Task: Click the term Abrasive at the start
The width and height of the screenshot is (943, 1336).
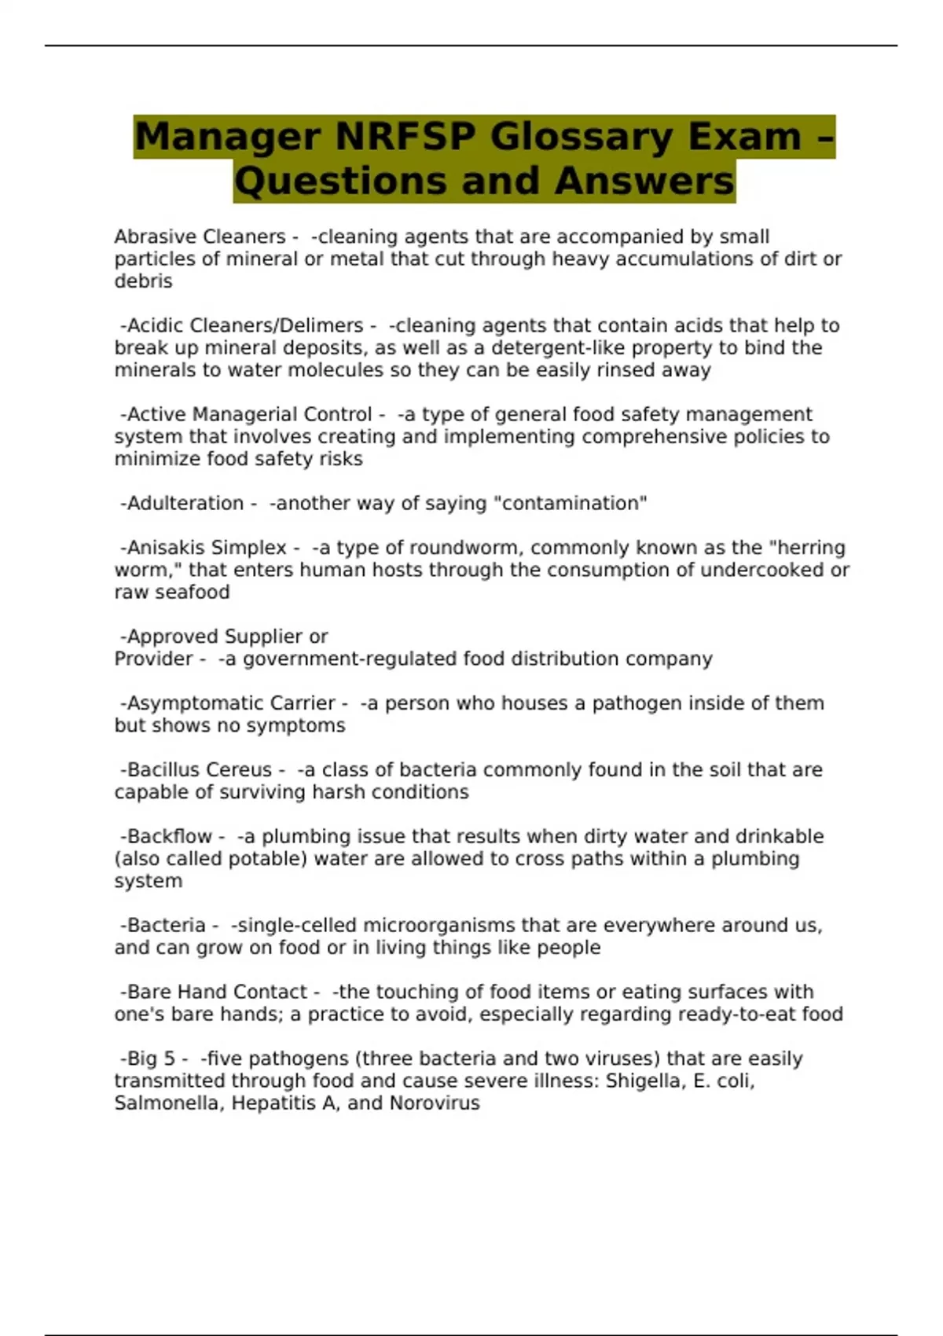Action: tap(154, 237)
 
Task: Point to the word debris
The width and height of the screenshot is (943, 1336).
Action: tap(143, 281)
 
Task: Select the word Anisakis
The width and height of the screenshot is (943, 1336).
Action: tap(162, 547)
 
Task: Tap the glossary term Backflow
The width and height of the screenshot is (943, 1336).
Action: tap(170, 836)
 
